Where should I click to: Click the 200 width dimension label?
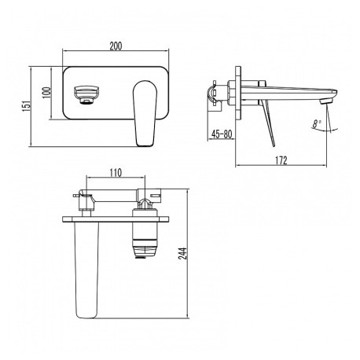pyautogui.click(x=116, y=46)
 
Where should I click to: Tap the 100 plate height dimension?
pyautogui.click(x=47, y=93)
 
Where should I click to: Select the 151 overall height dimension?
pyautogui.click(x=27, y=105)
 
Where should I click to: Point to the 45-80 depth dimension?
pyautogui.click(x=222, y=134)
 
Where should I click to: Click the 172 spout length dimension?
pyautogui.click(x=281, y=160)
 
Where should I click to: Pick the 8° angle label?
pyautogui.click(x=317, y=123)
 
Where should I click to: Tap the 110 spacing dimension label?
pyautogui.click(x=116, y=173)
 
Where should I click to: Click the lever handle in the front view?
pyautogui.click(x=145, y=113)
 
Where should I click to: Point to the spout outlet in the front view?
pyautogui.click(x=86, y=94)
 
